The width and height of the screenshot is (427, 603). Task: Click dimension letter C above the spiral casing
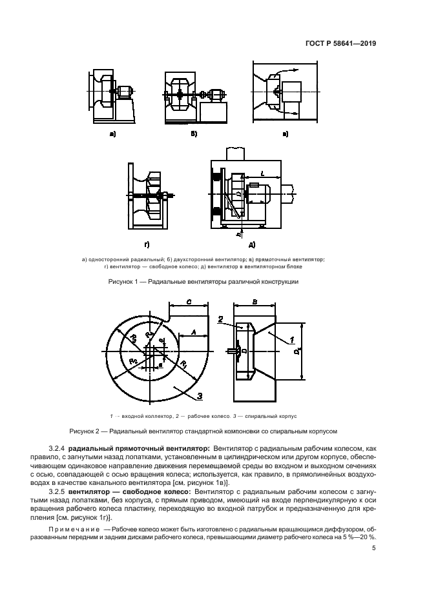187,301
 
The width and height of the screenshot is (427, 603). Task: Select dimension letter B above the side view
255,301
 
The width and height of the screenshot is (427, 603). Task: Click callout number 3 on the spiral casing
200,395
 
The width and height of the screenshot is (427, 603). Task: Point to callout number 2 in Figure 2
220,319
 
